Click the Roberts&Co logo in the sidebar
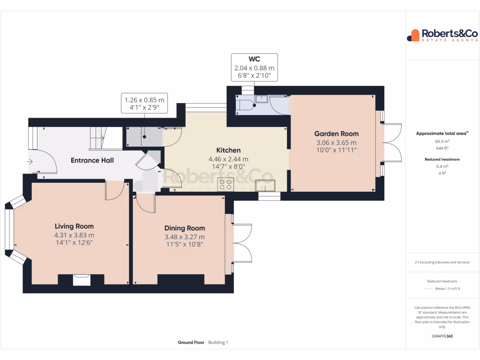click(x=442, y=35)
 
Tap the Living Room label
click(x=74, y=226)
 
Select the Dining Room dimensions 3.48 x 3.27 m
click(x=184, y=236)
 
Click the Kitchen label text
click(x=228, y=150)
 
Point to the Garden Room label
click(x=336, y=134)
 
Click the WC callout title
click(x=254, y=59)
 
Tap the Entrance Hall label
click(x=92, y=160)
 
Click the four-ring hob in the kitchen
click(x=225, y=185)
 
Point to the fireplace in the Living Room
click(x=81, y=280)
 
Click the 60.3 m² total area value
click(x=442, y=141)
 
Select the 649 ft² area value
click(x=442, y=148)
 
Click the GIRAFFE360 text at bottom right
click(x=442, y=336)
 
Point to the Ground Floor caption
click(x=191, y=343)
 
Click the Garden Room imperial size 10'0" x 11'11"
click(x=336, y=150)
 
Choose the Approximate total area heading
click(x=442, y=134)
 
